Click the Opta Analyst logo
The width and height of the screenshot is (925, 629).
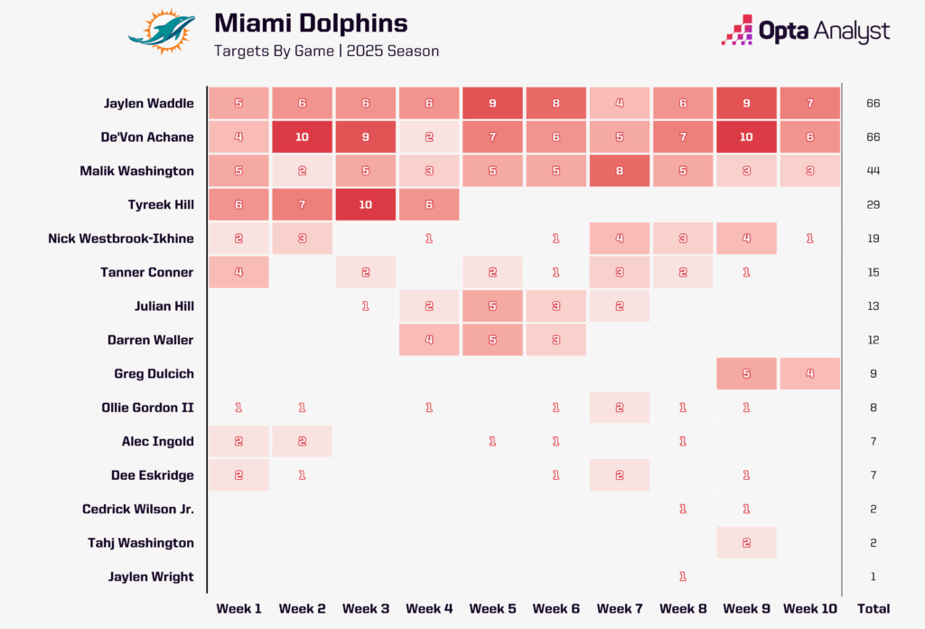pos(805,31)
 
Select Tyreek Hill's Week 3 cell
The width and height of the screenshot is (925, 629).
pos(365,204)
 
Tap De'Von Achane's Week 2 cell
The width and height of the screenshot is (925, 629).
pos(302,136)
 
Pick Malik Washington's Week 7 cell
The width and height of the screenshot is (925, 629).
pos(619,171)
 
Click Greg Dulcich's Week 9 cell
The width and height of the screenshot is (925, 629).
pos(745,373)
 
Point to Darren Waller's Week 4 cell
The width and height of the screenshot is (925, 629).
pos(428,340)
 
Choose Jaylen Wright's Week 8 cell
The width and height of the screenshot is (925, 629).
pos(682,577)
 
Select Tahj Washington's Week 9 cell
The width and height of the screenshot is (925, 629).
pos(745,542)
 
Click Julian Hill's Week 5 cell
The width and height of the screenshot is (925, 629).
pos(491,305)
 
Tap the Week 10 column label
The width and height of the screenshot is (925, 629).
pos(809,608)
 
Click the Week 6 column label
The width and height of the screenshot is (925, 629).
pos(556,608)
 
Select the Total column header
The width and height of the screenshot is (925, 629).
pos(874,608)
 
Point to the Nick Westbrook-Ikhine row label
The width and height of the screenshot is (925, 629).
pos(121,239)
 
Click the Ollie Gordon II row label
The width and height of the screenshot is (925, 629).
pos(148,408)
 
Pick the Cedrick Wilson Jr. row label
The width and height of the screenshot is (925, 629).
pos(138,509)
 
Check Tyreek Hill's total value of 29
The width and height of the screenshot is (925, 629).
pos(874,204)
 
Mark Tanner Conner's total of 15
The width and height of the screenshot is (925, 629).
pos(874,272)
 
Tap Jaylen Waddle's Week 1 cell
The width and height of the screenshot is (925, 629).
pos(238,103)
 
